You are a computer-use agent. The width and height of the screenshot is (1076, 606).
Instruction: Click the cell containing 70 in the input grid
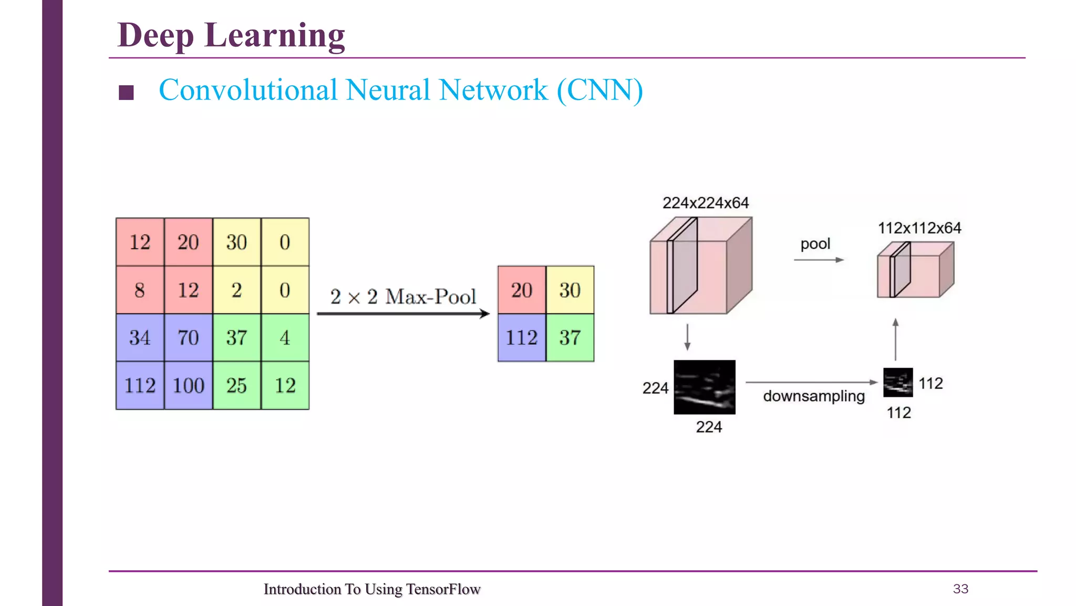189,338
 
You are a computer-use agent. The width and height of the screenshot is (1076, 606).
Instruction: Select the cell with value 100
189,386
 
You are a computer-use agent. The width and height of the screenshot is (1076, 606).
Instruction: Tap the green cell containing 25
237,386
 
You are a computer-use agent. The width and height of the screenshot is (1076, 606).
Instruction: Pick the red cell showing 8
140,290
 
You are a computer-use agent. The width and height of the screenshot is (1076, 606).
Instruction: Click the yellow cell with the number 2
237,290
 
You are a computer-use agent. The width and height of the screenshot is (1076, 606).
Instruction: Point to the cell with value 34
140,338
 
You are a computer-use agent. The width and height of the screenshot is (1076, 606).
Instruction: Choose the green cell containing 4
285,338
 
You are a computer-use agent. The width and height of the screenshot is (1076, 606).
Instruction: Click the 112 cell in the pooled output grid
522,338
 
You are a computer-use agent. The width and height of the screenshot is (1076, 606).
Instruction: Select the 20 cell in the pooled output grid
522,290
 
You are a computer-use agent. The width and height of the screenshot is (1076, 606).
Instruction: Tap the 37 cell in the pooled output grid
570,338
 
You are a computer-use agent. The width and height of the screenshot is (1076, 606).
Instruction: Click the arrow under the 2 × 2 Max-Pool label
403,314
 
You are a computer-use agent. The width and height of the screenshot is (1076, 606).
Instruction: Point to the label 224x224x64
705,203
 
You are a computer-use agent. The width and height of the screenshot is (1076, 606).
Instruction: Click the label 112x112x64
919,228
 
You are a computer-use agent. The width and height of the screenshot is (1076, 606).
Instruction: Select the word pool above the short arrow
815,244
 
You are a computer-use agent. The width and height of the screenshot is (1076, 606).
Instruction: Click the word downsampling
813,396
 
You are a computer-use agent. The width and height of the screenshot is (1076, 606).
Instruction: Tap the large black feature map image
705,387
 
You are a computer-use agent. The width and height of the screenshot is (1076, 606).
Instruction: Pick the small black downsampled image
898,382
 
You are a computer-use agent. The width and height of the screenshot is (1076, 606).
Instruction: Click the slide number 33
960,589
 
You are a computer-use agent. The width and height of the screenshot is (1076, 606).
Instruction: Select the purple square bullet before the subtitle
126,93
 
